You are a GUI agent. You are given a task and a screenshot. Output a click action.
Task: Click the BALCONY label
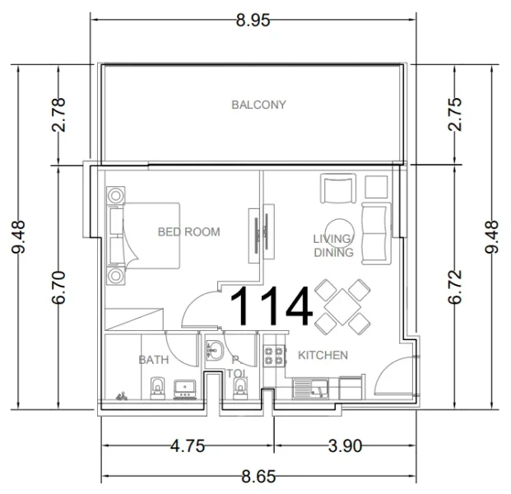tap(258, 105)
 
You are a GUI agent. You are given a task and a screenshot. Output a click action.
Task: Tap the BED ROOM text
tap(188, 232)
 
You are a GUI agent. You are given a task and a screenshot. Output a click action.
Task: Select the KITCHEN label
tap(322, 355)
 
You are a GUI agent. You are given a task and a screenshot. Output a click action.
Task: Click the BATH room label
tap(154, 360)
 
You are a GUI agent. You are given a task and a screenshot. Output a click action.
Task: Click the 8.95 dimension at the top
tap(253, 21)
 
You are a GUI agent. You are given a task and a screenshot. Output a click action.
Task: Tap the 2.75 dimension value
tap(454, 114)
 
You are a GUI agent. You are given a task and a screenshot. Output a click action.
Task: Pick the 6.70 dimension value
tap(58, 287)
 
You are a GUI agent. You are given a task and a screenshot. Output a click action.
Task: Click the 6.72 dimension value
tap(454, 287)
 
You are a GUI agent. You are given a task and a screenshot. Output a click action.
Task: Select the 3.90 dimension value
tap(345, 446)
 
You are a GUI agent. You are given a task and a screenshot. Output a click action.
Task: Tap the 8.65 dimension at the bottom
tap(258, 476)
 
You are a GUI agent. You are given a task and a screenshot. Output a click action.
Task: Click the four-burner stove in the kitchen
tap(272, 356)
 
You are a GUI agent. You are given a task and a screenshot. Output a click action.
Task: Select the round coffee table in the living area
tap(338, 229)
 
